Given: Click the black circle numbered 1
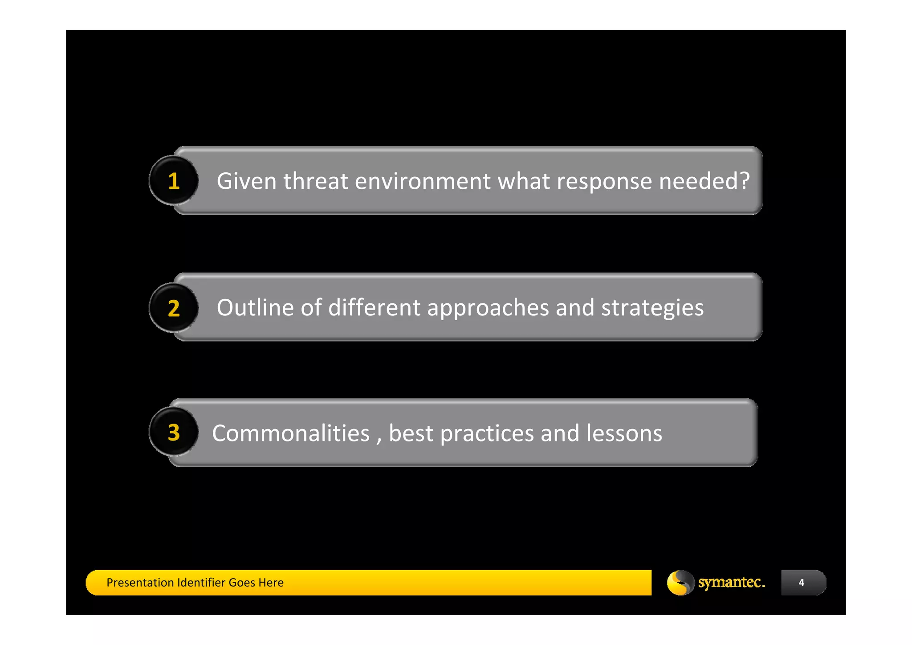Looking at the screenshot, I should pyautogui.click(x=174, y=181).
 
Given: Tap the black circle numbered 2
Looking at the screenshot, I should pyautogui.click(x=174, y=308).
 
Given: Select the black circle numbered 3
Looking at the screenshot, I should pyautogui.click(x=174, y=432).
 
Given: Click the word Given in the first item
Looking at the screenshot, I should pyautogui.click(x=246, y=181).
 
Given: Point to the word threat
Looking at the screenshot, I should pyautogui.click(x=315, y=181).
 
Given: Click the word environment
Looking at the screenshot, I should pyautogui.click(x=423, y=181).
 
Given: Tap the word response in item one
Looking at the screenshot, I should pyautogui.click(x=604, y=181).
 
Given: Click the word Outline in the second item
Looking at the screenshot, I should pyautogui.click(x=255, y=308).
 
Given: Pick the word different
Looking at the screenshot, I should pyautogui.click(x=374, y=308).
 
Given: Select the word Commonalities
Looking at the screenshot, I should pyautogui.click(x=291, y=433).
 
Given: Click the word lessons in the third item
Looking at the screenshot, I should pyautogui.click(x=624, y=433).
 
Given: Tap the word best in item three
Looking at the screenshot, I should pyautogui.click(x=411, y=433).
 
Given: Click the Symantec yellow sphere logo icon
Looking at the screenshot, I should pyautogui.click(x=680, y=583).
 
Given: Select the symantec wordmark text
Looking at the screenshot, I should pyautogui.click(x=731, y=582).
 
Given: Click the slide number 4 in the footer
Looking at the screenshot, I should pyautogui.click(x=802, y=583).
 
